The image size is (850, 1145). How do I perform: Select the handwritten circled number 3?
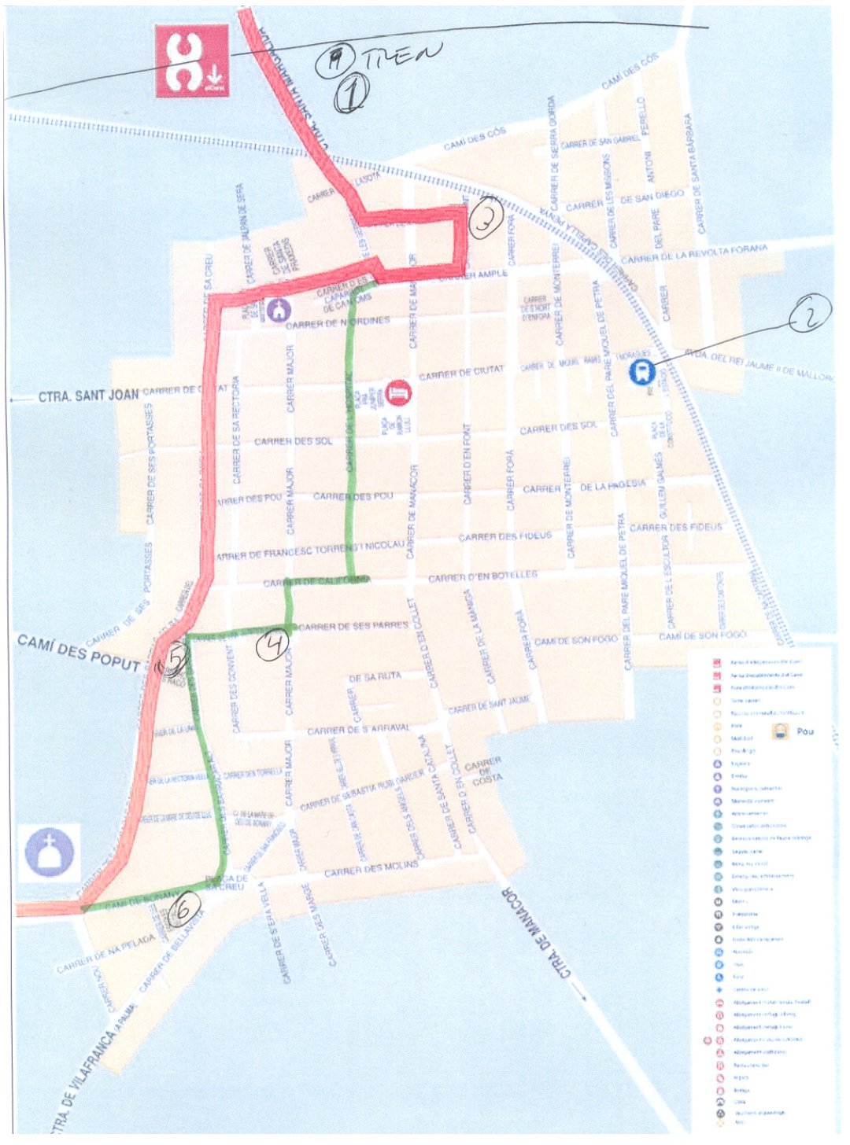click(x=486, y=219)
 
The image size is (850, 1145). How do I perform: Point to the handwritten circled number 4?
click(x=273, y=646)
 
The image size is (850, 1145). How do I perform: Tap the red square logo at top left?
click(x=191, y=61)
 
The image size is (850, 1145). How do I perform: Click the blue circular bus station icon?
click(x=642, y=371)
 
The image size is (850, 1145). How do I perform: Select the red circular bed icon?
click(x=397, y=391)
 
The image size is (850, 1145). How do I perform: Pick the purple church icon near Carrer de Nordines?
click(x=278, y=309)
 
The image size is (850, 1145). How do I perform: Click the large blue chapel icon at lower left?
click(x=49, y=852)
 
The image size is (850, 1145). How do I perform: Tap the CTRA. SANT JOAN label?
click(x=88, y=396)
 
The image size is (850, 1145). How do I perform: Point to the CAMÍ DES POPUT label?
click(x=78, y=653)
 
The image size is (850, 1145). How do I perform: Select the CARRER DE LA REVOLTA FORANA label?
click(x=693, y=254)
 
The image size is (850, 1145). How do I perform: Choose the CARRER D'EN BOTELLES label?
click(x=482, y=577)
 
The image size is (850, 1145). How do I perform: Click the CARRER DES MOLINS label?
click(x=371, y=869)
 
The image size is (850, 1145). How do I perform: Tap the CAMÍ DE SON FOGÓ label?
click(x=702, y=635)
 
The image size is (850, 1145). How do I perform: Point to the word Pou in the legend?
click(x=805, y=731)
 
